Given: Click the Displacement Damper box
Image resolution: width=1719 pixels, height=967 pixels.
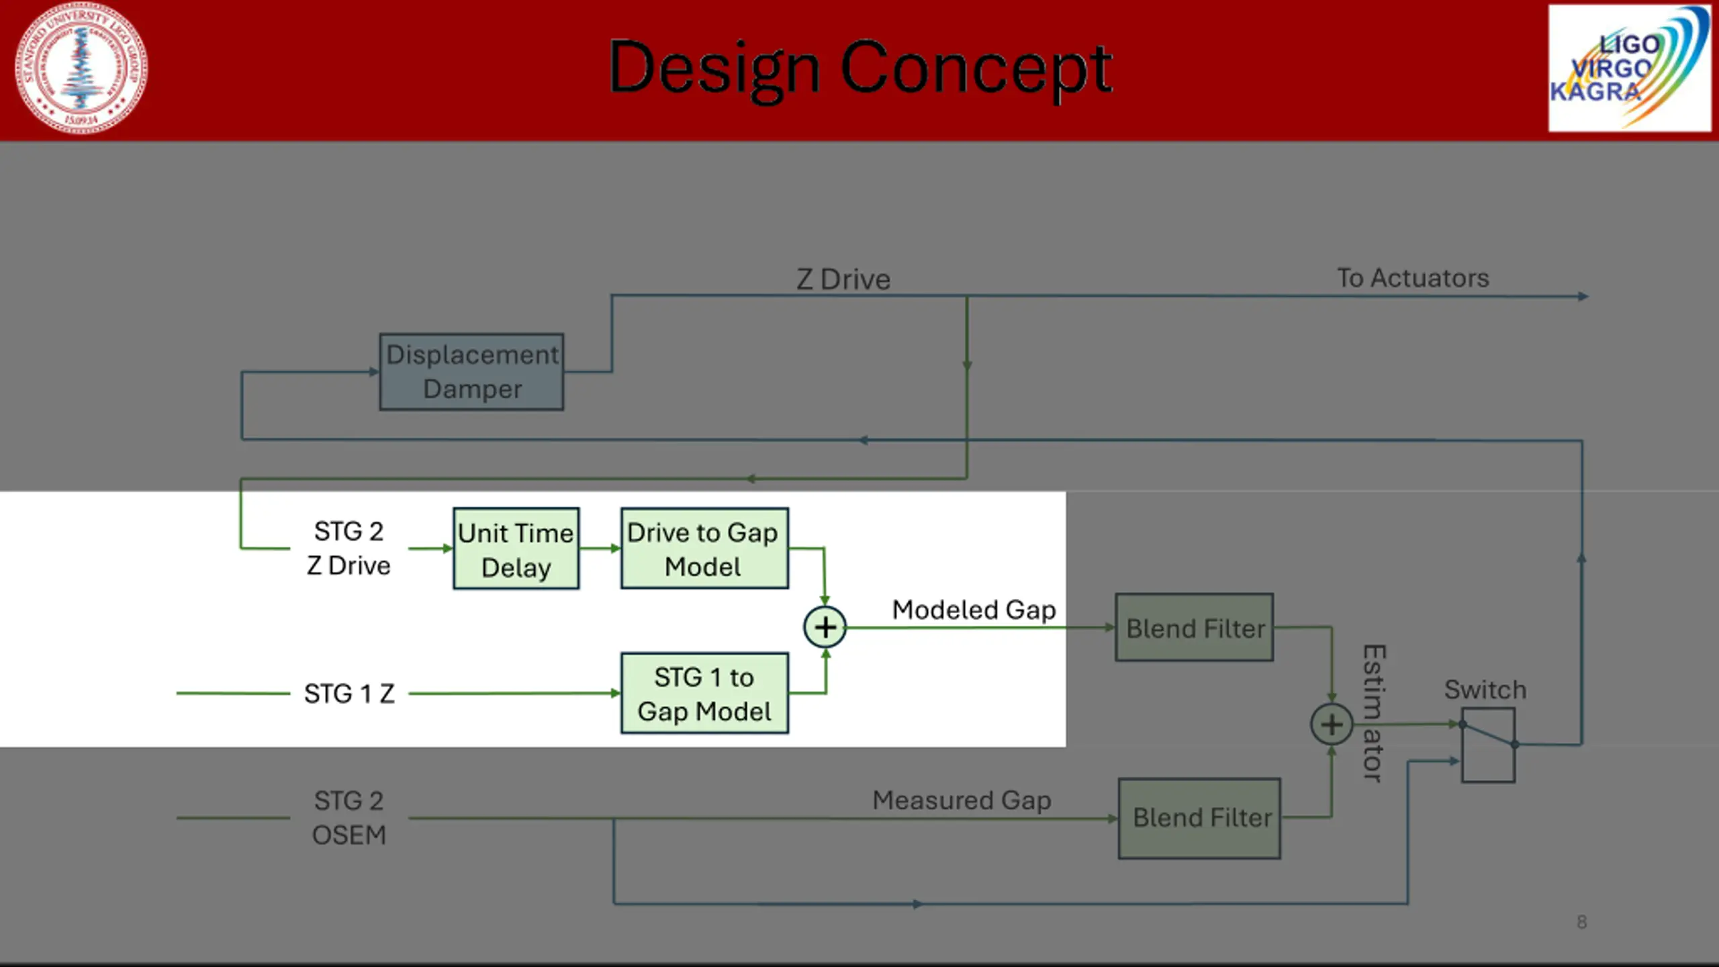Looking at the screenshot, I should coord(471,371).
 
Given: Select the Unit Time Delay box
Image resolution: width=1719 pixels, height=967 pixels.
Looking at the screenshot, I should coord(516,549).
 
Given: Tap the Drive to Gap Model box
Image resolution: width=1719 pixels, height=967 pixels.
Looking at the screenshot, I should coord(704,549).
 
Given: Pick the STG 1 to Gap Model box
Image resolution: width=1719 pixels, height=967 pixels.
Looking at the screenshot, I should coord(704,693).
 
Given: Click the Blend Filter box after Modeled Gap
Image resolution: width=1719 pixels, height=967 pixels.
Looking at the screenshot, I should coord(1194,627).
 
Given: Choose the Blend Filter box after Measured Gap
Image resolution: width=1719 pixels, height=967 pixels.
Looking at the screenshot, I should coord(1199,818).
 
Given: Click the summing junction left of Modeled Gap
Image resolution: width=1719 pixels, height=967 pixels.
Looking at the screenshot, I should coord(825,627).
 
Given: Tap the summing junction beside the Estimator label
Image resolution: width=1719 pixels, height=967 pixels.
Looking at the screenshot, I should coord(1331,725).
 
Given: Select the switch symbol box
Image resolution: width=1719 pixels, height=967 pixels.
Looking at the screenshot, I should coord(1488,745).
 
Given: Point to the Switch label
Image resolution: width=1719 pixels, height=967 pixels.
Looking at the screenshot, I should coord(1485,690).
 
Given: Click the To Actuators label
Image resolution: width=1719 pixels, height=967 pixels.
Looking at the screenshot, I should coord(1413,278).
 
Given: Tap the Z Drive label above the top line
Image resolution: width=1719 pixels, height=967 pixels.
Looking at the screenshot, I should coord(843,279).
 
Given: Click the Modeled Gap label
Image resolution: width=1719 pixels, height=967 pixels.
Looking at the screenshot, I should coord(974,610).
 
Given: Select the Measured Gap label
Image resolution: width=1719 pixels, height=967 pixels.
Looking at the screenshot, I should coord(962,800).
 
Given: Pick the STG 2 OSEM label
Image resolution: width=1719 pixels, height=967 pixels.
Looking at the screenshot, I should coord(349,817).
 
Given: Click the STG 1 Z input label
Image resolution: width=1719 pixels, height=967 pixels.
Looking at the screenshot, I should coord(349,694).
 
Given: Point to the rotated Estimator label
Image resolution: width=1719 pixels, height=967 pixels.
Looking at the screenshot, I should coord(1374,713).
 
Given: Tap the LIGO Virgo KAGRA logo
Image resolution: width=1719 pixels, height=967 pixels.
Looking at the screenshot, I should coord(1629,68).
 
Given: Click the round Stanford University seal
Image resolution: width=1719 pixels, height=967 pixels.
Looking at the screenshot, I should coord(81,68).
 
